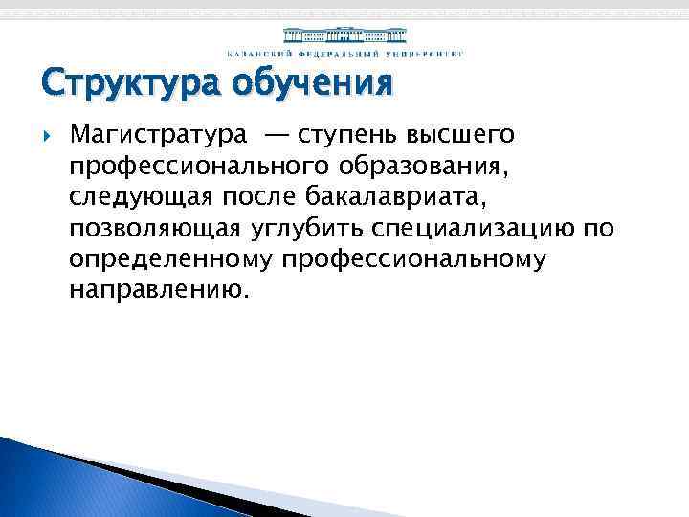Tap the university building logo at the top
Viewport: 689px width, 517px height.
point(344,35)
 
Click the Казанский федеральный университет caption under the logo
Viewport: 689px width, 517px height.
point(344,54)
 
